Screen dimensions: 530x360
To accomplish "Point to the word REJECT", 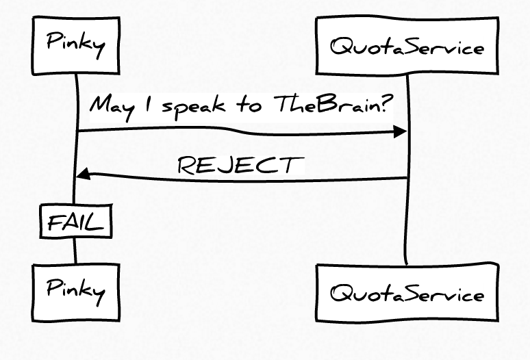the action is click(x=240, y=165).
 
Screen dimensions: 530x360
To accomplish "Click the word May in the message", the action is click(x=112, y=107).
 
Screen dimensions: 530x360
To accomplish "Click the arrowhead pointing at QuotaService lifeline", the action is click(x=400, y=131).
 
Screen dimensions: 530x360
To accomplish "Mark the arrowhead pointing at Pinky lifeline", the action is click(x=83, y=174).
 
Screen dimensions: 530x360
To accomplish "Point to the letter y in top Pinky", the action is click(x=99, y=50).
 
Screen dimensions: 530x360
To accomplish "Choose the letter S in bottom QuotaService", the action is click(x=415, y=292).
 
